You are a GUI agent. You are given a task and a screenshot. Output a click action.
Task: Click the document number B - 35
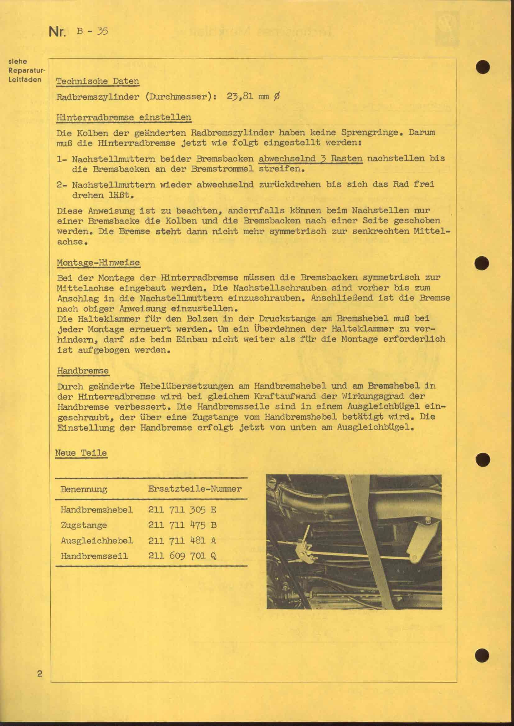click(92, 31)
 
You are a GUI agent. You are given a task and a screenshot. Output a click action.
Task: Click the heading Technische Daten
click(98, 81)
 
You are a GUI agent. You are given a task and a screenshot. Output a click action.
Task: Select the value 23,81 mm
click(248, 97)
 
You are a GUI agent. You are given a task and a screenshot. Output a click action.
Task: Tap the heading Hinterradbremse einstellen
click(123, 117)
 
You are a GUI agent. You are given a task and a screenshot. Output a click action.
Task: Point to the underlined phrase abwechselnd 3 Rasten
click(310, 158)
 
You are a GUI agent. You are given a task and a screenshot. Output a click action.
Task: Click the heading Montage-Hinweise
click(98, 263)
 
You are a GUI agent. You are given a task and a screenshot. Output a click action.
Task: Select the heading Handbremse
click(83, 371)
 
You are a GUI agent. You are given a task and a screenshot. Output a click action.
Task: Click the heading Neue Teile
click(81, 453)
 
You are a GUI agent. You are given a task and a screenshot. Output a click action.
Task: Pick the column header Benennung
click(84, 489)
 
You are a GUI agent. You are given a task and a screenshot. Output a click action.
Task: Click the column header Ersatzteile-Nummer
click(195, 489)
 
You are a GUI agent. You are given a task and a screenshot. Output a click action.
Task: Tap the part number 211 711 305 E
click(182, 510)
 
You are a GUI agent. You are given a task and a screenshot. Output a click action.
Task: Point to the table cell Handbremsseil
click(94, 556)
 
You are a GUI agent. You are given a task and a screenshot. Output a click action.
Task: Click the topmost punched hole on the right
click(482, 67)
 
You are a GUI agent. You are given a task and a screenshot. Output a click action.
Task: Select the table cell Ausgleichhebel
click(97, 540)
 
